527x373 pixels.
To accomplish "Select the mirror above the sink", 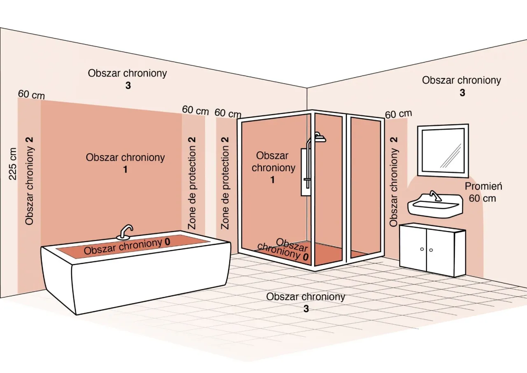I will click(443, 151).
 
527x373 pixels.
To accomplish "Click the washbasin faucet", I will click(434, 195).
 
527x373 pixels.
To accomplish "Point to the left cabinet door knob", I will click(422, 249).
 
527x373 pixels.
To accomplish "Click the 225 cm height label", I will click(13, 163).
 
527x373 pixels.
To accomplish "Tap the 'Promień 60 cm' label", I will click(483, 192).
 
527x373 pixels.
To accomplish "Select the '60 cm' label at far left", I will click(31, 95).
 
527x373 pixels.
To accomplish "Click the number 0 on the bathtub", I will click(167, 241).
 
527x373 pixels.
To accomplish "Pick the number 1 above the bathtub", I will click(125, 169).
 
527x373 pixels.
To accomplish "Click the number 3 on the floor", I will click(306, 308).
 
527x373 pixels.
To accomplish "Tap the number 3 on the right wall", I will click(462, 93).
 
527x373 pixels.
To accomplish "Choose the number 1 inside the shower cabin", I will click(273, 180).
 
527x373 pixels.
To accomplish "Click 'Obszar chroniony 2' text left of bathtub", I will click(29, 181).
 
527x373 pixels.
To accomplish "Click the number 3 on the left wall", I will click(128, 86).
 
